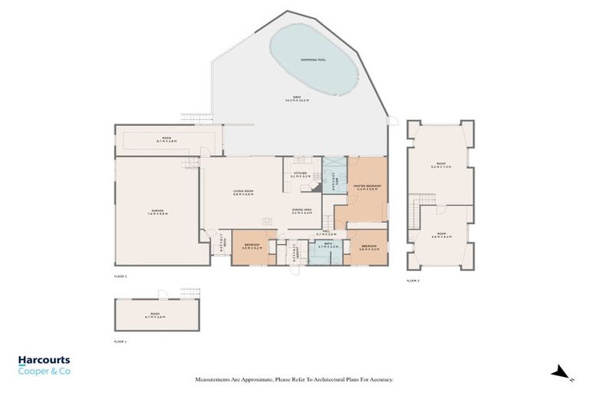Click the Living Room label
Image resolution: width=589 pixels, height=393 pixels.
pyautogui.click(x=243, y=193)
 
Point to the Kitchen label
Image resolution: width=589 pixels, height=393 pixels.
pyautogui.click(x=301, y=175)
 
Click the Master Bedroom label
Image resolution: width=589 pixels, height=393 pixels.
pyautogui.click(x=367, y=188)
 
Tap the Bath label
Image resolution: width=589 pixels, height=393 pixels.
pyautogui.click(x=328, y=245)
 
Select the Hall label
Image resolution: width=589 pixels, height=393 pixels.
pyautogui.click(x=327, y=233)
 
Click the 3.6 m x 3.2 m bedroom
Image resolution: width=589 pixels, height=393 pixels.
pyautogui.click(x=252, y=247)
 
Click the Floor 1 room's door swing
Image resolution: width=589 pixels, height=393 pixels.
pyautogui.click(x=161, y=294)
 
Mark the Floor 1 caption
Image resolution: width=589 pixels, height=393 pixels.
pyautogui.click(x=120, y=340)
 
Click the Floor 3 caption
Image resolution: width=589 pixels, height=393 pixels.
pyautogui.click(x=413, y=281)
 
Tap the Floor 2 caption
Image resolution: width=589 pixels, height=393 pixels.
pyautogui.click(x=120, y=275)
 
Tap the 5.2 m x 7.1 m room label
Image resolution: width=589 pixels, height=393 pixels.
pyautogui.click(x=440, y=164)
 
